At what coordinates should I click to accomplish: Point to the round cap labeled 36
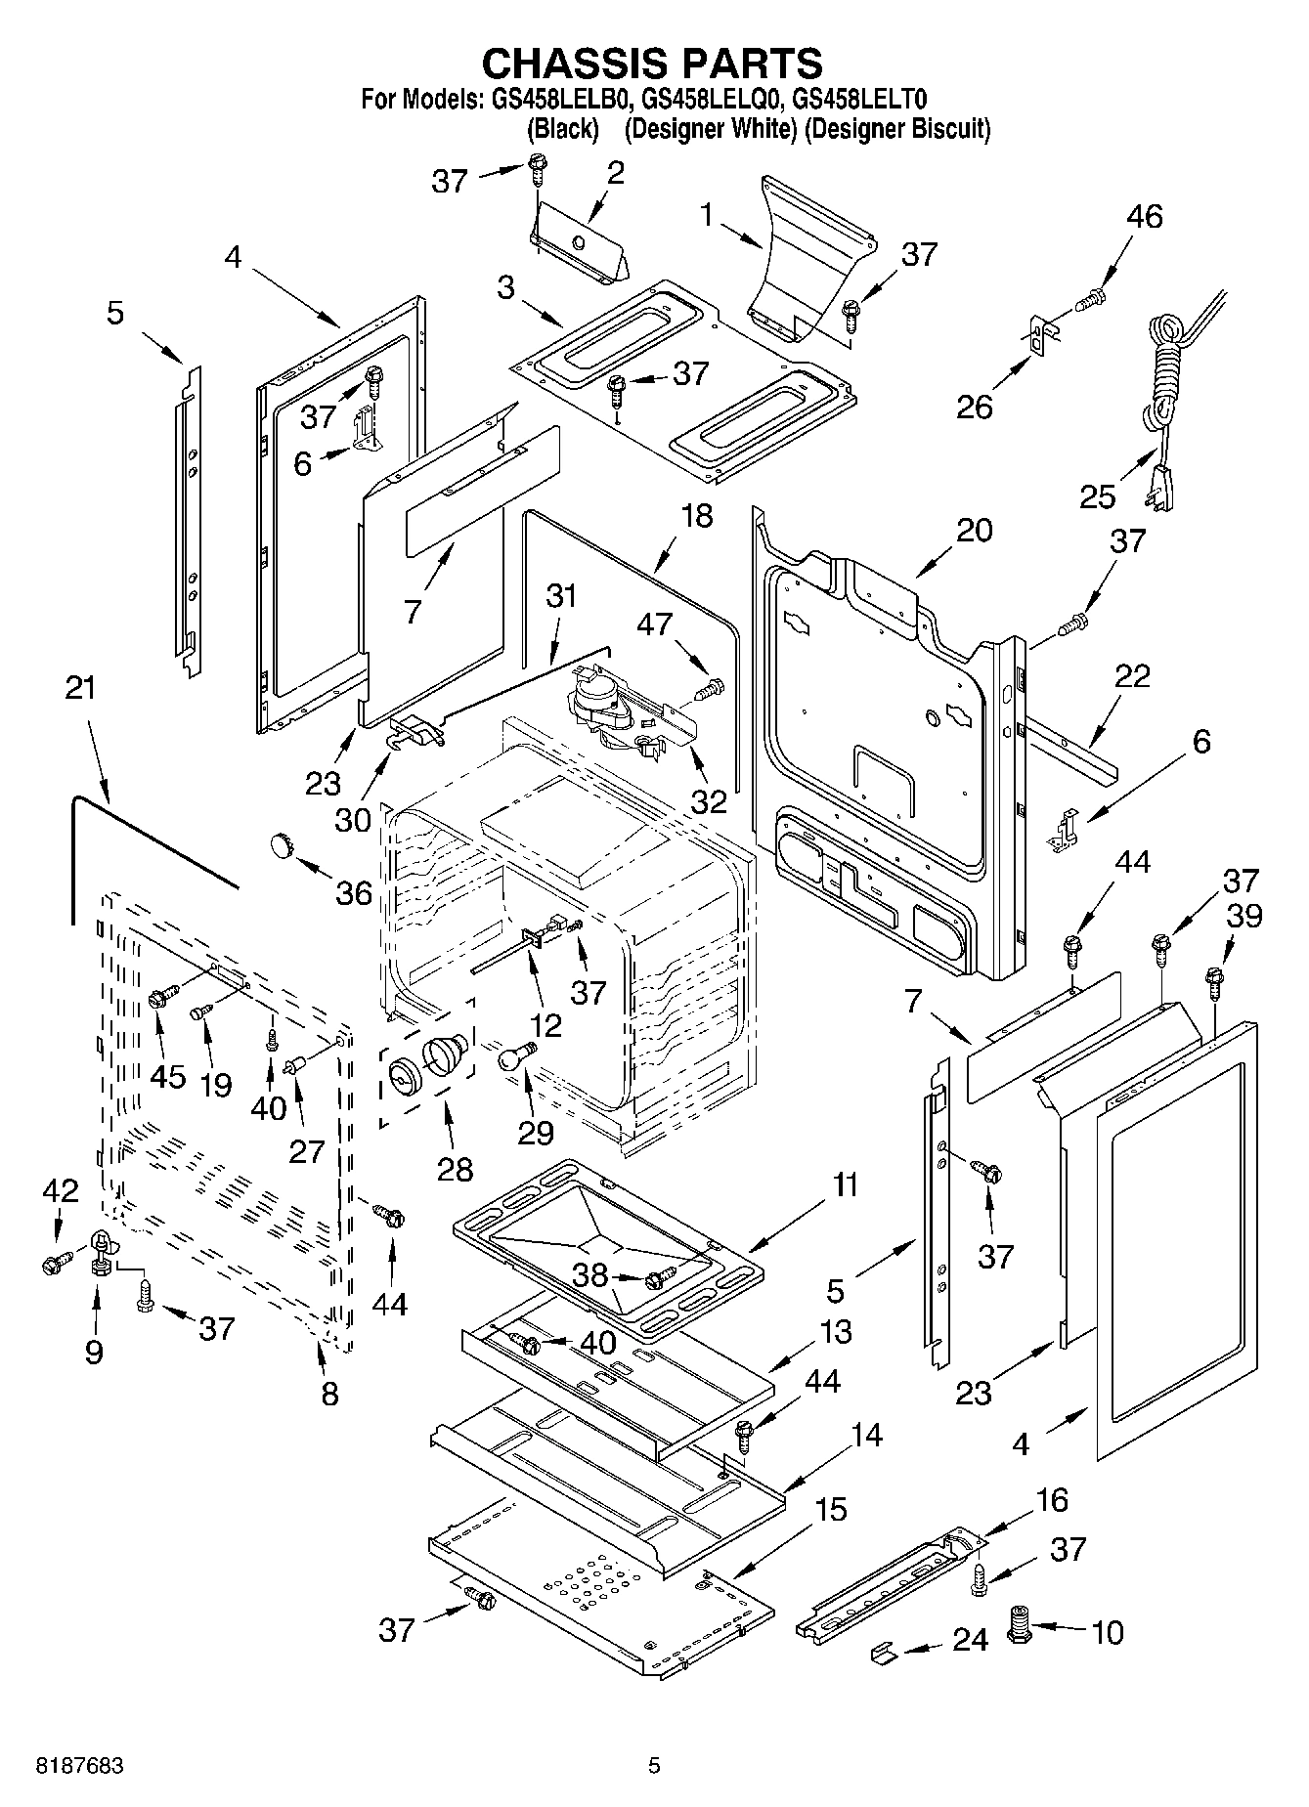(283, 842)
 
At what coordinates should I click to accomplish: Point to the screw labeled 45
(161, 998)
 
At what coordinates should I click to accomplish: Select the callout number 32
(709, 800)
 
